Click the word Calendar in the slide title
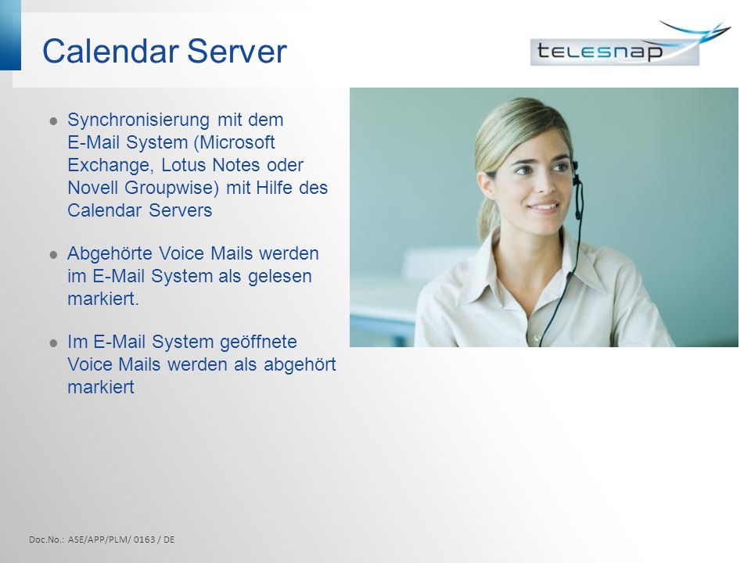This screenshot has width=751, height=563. click(x=110, y=51)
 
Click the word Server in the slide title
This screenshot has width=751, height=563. click(x=237, y=51)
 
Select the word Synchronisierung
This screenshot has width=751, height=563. click(x=138, y=120)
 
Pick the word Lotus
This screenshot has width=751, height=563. click(x=184, y=165)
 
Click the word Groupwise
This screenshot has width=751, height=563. click(x=171, y=188)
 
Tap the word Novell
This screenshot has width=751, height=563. click(x=93, y=187)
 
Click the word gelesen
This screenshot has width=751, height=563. click(x=280, y=277)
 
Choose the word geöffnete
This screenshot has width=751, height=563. click(x=258, y=342)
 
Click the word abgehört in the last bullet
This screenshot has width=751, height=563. click(x=300, y=365)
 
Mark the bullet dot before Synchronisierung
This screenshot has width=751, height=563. click(x=54, y=121)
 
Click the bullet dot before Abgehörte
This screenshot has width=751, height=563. click(x=54, y=255)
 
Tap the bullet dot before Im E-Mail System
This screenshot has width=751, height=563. click(x=54, y=343)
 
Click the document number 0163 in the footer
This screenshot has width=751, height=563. click(x=144, y=540)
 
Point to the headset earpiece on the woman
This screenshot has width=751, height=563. click(x=575, y=169)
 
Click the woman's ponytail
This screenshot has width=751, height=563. click(x=488, y=217)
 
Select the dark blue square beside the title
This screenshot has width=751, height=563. click(x=10, y=35)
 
